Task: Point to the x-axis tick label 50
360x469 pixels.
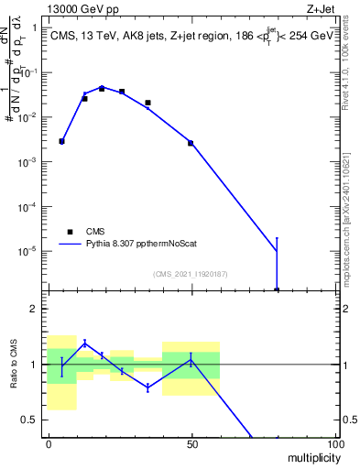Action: click(x=191, y=442)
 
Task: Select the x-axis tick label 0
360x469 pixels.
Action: click(x=48, y=442)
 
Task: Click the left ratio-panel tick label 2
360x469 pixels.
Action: click(x=36, y=309)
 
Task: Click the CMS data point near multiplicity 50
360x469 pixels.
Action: click(x=191, y=143)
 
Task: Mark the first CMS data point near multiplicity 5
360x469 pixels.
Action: click(x=61, y=141)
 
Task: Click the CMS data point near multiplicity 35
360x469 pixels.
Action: click(x=147, y=103)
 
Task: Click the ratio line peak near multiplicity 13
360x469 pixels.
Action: click(x=85, y=343)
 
